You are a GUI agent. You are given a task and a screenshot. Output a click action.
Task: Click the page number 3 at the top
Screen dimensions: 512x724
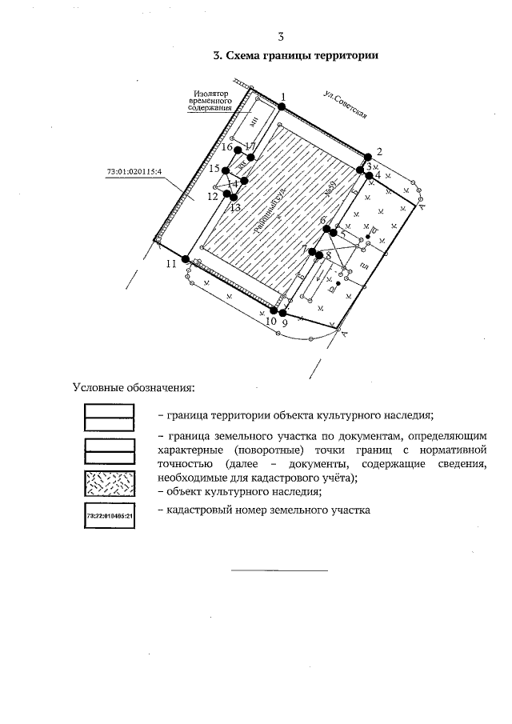pos(281,36)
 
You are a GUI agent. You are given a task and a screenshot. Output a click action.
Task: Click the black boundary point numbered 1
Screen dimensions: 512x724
pos(282,106)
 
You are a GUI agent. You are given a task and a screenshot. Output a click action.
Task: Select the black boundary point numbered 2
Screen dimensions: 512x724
pos(368,157)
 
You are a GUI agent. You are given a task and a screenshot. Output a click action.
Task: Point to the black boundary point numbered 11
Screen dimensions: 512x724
pos(186,259)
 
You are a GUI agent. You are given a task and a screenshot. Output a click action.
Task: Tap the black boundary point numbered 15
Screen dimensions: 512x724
pos(226,170)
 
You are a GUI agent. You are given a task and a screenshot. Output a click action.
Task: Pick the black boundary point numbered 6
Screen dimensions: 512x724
pos(326,230)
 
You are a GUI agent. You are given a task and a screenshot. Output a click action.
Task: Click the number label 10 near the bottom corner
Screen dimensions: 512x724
pos(270,322)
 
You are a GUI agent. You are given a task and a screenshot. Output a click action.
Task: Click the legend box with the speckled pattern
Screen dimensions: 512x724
pos(110,484)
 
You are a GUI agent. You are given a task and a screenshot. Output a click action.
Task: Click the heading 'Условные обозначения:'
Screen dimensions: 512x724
pos(134,388)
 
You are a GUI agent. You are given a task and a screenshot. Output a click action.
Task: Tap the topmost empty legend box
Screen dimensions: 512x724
pos(110,416)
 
